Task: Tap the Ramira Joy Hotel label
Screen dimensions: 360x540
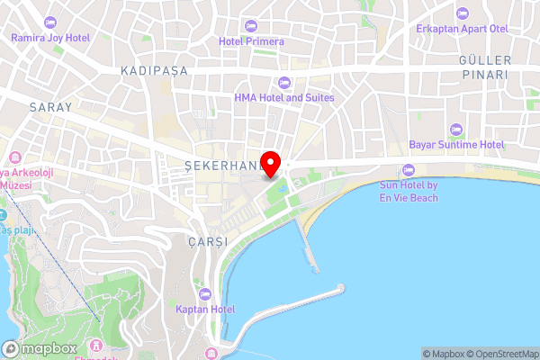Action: (50, 38)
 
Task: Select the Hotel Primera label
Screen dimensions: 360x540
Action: (251, 40)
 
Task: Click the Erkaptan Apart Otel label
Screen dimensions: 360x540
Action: (462, 29)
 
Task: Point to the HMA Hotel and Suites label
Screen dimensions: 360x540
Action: (283, 97)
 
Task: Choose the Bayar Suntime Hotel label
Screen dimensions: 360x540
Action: (457, 144)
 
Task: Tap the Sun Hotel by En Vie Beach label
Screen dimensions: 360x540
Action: (408, 191)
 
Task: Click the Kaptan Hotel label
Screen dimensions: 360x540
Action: (205, 309)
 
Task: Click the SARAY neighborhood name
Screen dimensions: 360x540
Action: (50, 106)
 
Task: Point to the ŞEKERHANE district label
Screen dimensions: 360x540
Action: (222, 166)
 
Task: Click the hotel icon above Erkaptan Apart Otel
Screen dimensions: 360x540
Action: (462, 13)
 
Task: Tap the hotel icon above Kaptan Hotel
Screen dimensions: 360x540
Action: (205, 293)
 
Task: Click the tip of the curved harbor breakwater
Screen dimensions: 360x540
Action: (341, 289)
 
